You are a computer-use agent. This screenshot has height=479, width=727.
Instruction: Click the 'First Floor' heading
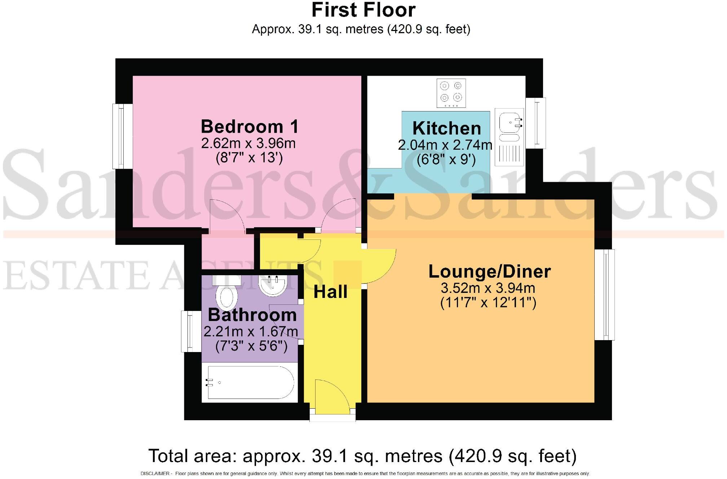pyautogui.click(x=363, y=10)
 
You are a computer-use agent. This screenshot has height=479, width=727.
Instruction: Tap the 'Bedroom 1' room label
pyautogui.click(x=250, y=127)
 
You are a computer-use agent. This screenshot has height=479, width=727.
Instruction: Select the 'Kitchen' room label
pyautogui.click(x=446, y=128)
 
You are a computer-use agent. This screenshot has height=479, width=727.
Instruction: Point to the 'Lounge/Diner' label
pyautogui.click(x=489, y=272)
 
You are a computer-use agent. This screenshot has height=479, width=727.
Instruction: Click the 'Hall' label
pyautogui.click(x=330, y=292)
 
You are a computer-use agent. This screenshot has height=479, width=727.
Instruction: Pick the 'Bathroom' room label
pyautogui.click(x=252, y=315)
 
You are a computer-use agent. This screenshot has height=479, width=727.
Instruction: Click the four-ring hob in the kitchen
pyautogui.click(x=451, y=93)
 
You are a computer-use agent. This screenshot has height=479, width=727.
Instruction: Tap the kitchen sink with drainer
pyautogui.click(x=509, y=137)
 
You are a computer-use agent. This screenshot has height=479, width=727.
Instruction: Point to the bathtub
pyautogui.click(x=250, y=382)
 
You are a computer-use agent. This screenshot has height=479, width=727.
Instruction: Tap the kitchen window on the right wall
pyautogui.click(x=536, y=123)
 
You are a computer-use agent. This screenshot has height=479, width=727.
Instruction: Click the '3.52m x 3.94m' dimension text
pyautogui.click(x=488, y=288)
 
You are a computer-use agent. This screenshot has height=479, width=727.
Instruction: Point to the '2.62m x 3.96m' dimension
pyautogui.click(x=248, y=144)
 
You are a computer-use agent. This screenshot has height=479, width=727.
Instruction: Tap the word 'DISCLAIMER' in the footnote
pyautogui.click(x=154, y=474)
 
